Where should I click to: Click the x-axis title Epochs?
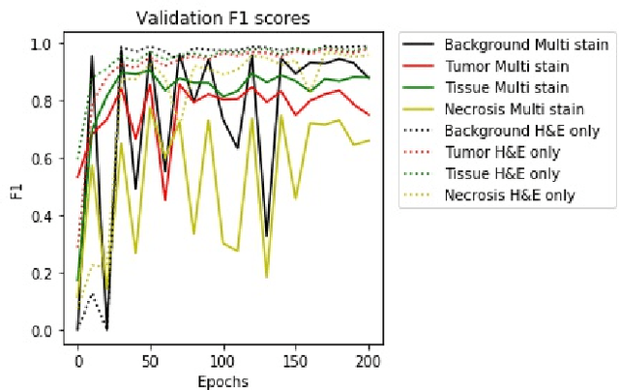tap(222, 381)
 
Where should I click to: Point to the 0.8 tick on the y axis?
tap(44, 101)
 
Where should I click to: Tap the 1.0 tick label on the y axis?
tap(44, 44)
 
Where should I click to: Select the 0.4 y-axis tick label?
tap(44, 216)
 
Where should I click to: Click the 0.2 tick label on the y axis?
tap(44, 273)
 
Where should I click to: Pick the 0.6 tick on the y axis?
tap(44, 158)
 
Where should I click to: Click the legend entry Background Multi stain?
tap(526, 45)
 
